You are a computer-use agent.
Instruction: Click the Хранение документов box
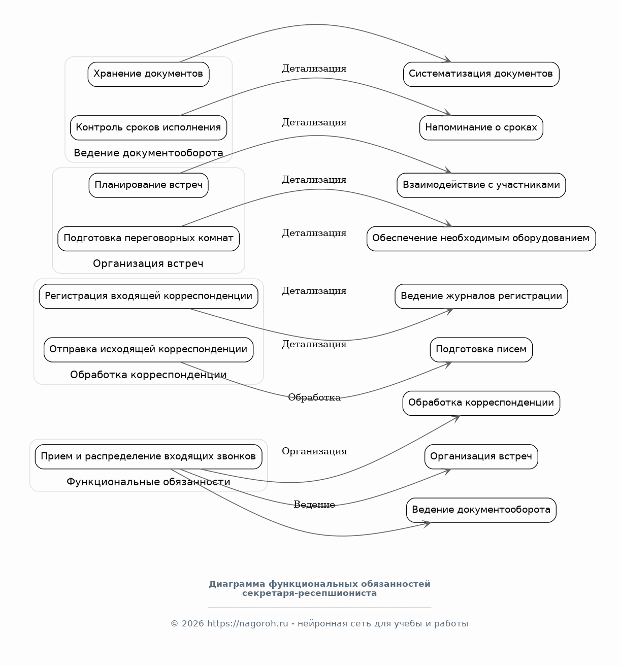tap(148, 74)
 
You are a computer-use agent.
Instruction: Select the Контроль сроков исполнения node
tap(148, 128)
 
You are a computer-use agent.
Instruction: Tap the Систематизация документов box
tap(481, 74)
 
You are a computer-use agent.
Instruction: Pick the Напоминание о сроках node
tap(481, 128)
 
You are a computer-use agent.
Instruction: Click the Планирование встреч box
tap(148, 185)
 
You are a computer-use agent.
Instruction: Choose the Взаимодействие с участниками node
tap(481, 185)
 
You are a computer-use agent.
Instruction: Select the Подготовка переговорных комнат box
tap(148, 239)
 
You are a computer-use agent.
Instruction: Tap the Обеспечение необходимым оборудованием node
tap(481, 239)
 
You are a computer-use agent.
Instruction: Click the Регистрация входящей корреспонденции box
tap(148, 296)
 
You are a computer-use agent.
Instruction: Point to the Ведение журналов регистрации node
tap(481, 296)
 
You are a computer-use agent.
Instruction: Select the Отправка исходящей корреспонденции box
tap(148, 350)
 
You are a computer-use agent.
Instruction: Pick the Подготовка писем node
tap(481, 350)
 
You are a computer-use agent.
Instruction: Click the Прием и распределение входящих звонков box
tap(148, 457)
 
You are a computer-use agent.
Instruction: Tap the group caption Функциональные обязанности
tap(148, 482)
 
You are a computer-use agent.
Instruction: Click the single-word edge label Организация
tap(314, 451)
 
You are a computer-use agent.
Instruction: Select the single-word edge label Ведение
tap(314, 505)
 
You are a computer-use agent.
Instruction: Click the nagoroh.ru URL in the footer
tap(248, 624)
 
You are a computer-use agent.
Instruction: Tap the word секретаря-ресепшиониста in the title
tap(309, 593)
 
